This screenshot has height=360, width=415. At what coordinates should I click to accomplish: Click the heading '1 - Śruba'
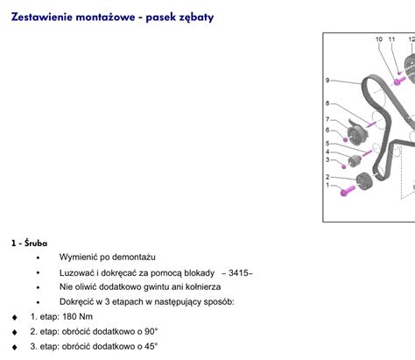tap(29, 243)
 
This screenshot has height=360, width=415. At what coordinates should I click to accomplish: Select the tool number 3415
tap(238, 273)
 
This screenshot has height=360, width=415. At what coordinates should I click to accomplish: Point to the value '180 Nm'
tap(78, 316)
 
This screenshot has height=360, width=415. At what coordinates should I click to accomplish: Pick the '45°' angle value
tap(151, 346)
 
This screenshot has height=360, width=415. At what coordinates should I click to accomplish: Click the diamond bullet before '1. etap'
tap(15, 317)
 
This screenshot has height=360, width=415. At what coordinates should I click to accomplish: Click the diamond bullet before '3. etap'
tap(15, 347)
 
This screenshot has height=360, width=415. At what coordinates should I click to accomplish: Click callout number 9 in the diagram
tap(327, 80)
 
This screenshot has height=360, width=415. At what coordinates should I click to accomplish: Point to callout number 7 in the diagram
tap(327, 119)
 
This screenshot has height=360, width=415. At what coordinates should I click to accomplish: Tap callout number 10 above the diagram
tap(379, 39)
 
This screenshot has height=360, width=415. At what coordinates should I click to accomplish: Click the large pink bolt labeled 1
tap(348, 191)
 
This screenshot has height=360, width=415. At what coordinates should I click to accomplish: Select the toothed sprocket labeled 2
tap(364, 181)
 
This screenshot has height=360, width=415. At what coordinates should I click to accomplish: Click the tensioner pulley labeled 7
tap(357, 133)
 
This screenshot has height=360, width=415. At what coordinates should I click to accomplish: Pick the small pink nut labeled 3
tap(344, 166)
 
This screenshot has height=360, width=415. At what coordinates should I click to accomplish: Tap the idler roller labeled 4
tap(355, 161)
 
